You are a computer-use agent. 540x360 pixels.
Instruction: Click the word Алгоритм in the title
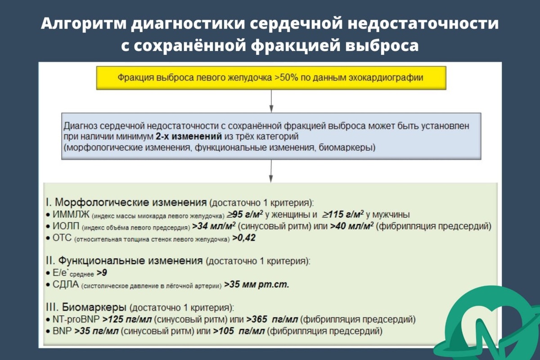[x=83, y=24]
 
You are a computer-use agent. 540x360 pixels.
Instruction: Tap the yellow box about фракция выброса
[x=270, y=77]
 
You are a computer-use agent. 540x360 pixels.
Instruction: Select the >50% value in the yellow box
[x=285, y=77]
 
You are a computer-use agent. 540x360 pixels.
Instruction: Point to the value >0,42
[x=243, y=238]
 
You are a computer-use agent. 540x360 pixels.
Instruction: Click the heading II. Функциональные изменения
[x=124, y=261]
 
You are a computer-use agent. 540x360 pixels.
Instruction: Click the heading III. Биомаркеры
[x=86, y=308]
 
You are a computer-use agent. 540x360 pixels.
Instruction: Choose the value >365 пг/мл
[x=272, y=320]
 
